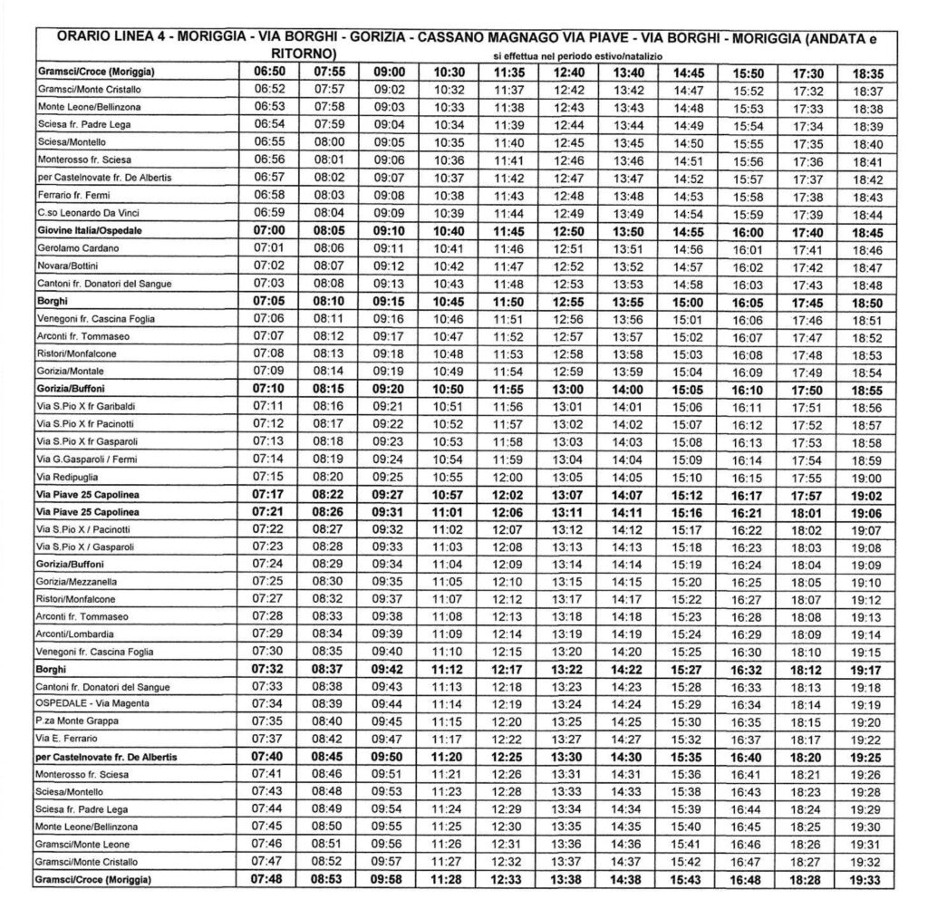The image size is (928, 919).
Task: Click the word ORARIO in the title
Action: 86,39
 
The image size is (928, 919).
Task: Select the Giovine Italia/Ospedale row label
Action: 93,230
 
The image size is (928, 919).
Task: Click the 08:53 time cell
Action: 330,880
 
